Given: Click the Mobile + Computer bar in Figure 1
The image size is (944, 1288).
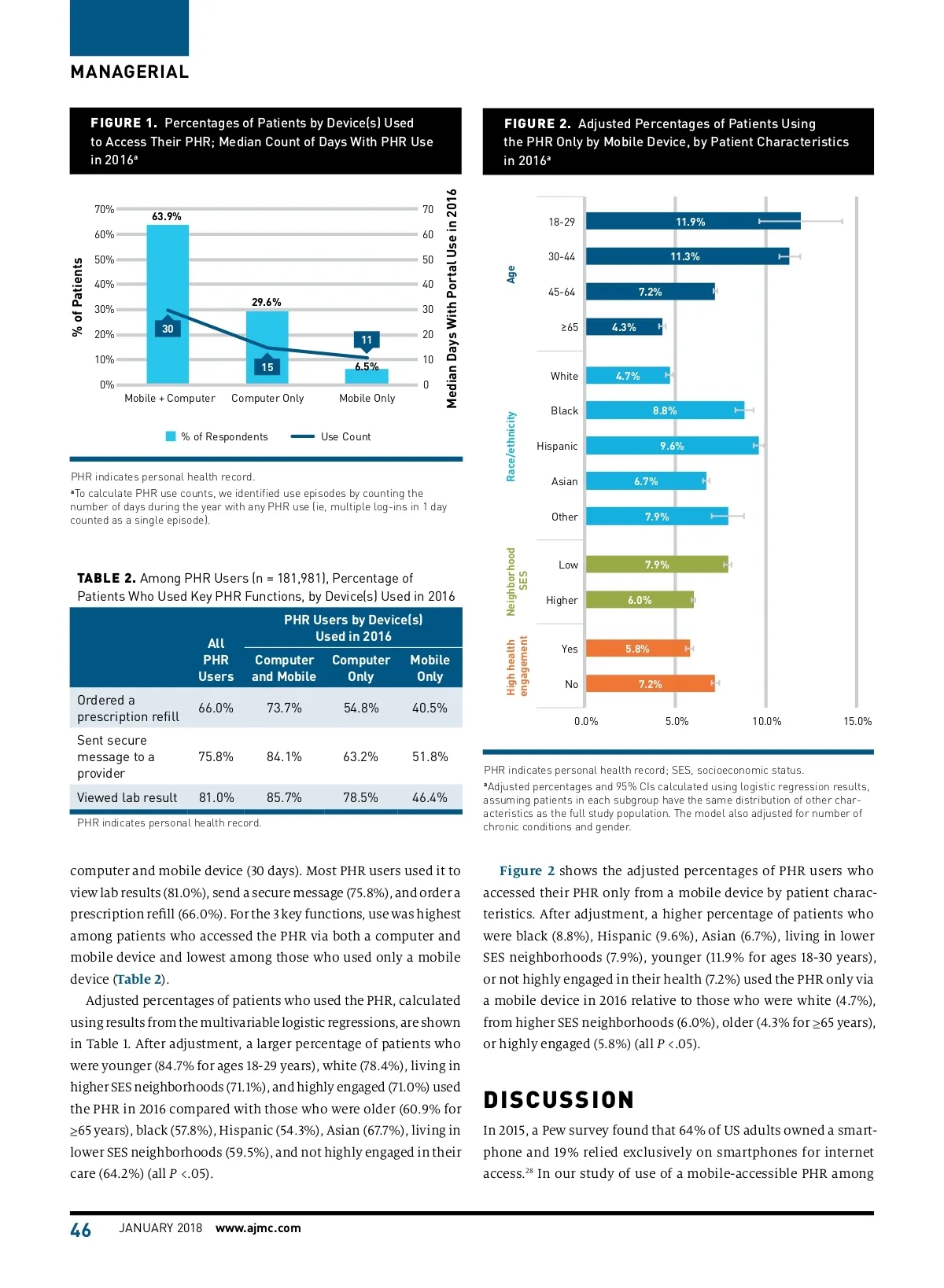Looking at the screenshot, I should pyautogui.click(x=168, y=283).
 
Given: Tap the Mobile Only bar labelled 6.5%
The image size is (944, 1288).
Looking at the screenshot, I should pyautogui.click(x=367, y=377).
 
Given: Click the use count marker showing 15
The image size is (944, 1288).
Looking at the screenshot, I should pyautogui.click(x=267, y=366).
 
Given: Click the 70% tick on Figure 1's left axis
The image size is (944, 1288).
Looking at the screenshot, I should pyautogui.click(x=104, y=210).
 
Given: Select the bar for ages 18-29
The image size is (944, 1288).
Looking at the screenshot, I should pyautogui.click(x=692, y=222).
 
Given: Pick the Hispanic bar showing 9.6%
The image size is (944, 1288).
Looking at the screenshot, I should pyautogui.click(x=672, y=446).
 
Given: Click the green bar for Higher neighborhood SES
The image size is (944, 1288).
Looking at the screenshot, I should pyautogui.click(x=640, y=600).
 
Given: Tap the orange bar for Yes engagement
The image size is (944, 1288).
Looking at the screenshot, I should pyautogui.click(x=637, y=649).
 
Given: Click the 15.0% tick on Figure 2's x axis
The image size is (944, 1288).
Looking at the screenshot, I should pyautogui.click(x=857, y=721).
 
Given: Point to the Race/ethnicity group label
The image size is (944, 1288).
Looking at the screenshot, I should pyautogui.click(x=511, y=446).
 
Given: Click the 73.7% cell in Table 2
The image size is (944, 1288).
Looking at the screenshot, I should pyautogui.click(x=284, y=708).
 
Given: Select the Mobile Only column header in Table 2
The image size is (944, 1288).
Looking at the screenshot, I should pyautogui.click(x=430, y=668).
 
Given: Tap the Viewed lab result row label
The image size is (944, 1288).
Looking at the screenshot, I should pyautogui.click(x=127, y=797).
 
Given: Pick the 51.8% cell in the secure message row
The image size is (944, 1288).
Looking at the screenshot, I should pyautogui.click(x=430, y=756).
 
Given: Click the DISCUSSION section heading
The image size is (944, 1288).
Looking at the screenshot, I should pyautogui.click(x=559, y=1100).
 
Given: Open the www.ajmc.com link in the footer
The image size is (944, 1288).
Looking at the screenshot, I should pyautogui.click(x=258, y=1228).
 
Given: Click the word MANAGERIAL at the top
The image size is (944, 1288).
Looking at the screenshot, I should pyautogui.click(x=130, y=72).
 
